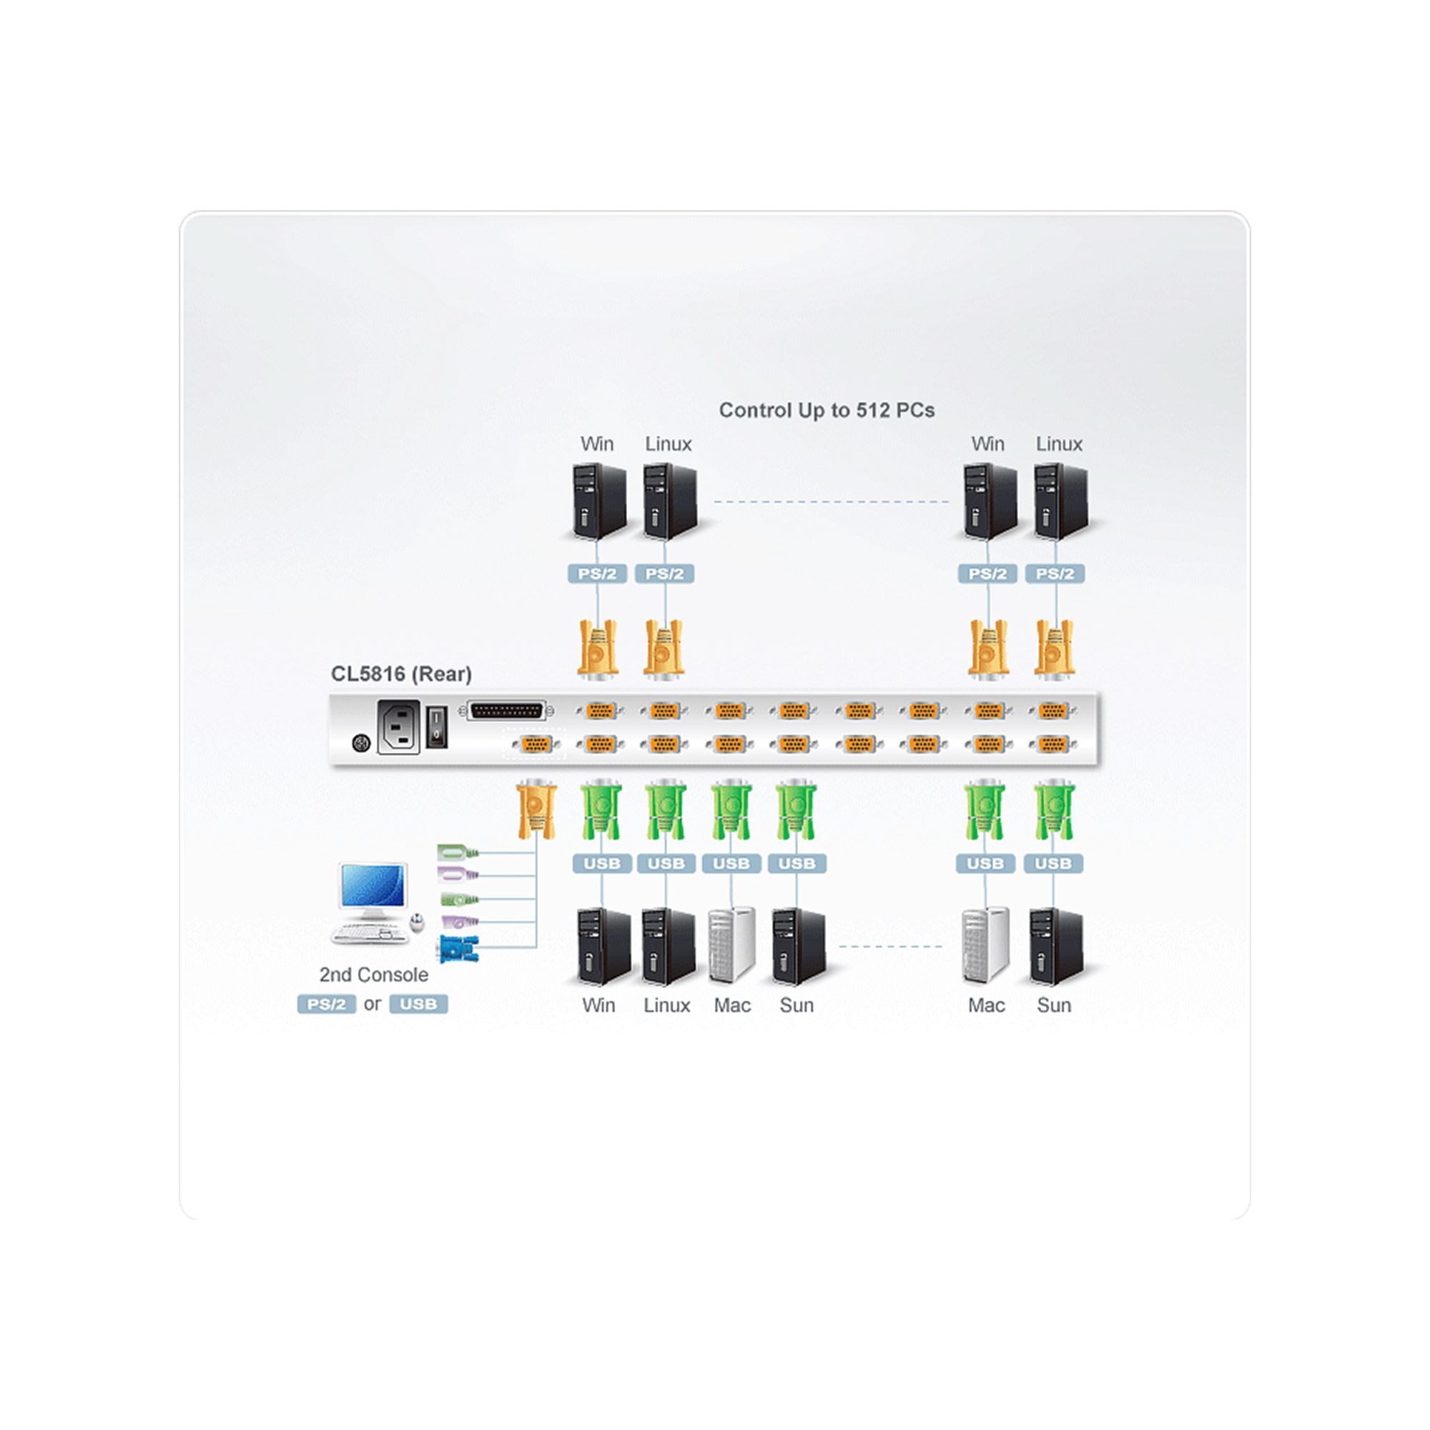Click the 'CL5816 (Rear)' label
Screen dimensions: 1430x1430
(x=400, y=674)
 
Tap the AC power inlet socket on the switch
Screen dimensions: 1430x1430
(x=398, y=728)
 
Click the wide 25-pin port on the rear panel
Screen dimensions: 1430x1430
(x=507, y=711)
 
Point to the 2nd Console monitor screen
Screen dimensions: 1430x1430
(x=373, y=886)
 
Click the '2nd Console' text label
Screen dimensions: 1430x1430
(x=373, y=975)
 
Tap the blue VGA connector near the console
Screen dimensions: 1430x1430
(x=458, y=948)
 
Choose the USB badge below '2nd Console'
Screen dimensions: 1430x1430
(x=418, y=1005)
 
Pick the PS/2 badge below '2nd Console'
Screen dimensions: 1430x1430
(x=327, y=1005)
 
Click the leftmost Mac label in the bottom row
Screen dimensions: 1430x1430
(x=732, y=1005)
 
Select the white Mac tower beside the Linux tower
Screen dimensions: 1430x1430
(x=731, y=945)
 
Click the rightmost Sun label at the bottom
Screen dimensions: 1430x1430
(x=1053, y=1005)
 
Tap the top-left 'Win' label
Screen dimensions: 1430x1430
(x=596, y=444)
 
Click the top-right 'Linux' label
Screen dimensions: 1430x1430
(x=1058, y=444)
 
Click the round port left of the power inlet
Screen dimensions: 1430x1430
(x=361, y=742)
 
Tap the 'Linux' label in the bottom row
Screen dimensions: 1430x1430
(x=666, y=1005)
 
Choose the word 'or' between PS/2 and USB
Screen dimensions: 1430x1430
(x=373, y=1004)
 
